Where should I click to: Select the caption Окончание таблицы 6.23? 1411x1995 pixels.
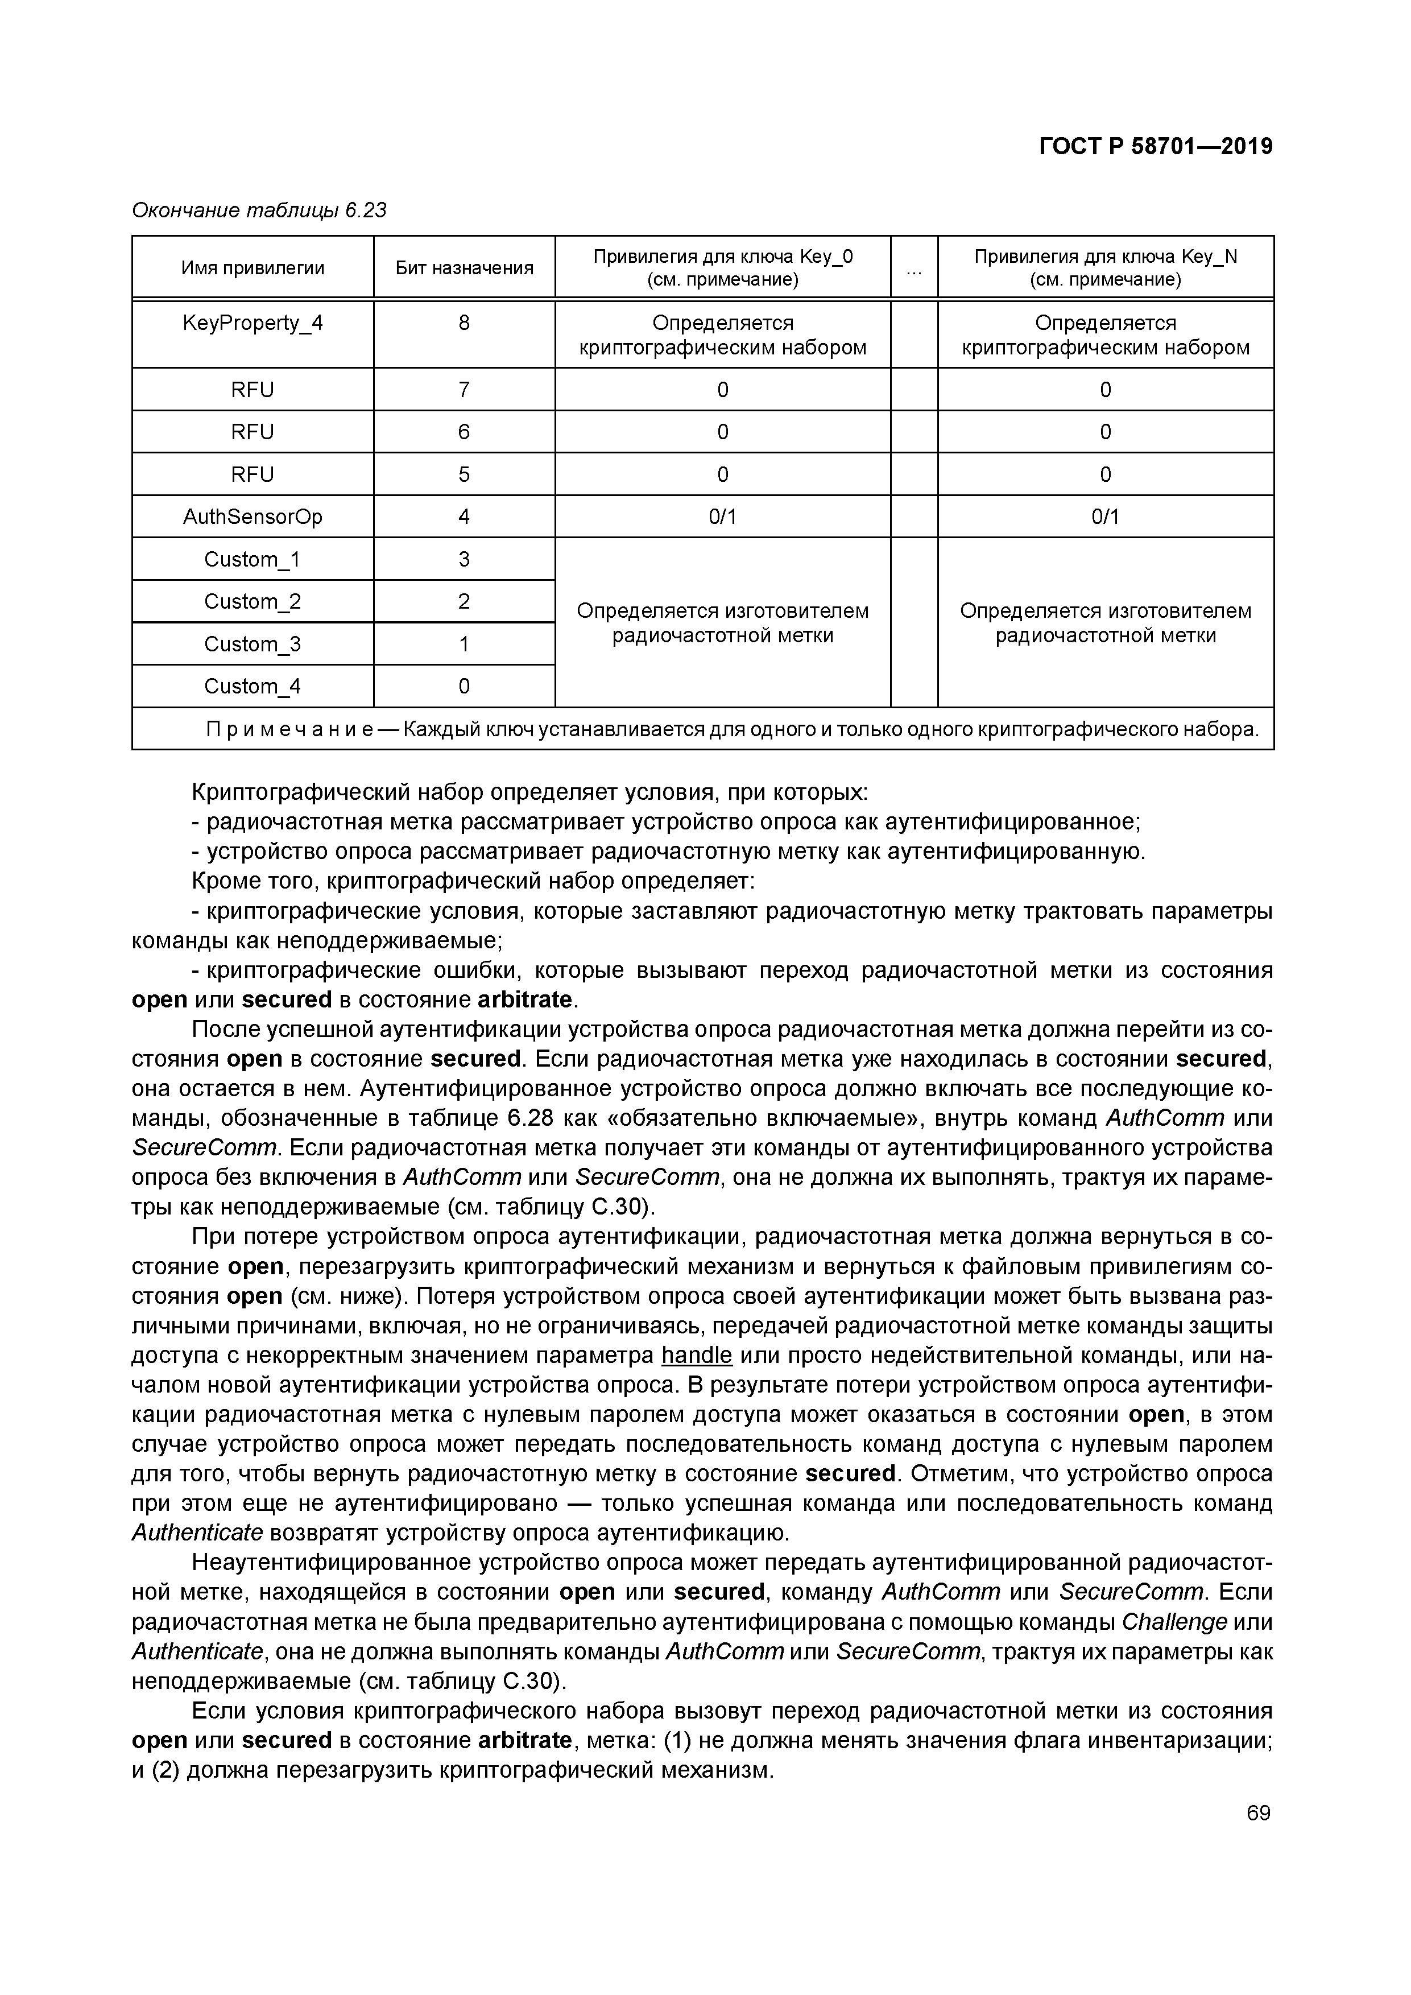tap(259, 210)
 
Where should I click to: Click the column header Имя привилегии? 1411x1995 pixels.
tap(253, 267)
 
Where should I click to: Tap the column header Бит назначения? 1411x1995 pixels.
tap(464, 267)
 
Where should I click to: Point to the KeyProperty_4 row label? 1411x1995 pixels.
tap(253, 323)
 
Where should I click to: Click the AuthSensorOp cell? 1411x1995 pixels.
tap(253, 517)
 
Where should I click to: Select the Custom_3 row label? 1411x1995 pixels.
tap(253, 644)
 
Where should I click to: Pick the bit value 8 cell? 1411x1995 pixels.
tap(464, 323)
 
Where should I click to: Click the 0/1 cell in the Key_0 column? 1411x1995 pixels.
tap(722, 517)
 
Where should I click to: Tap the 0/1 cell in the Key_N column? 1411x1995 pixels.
tap(1105, 517)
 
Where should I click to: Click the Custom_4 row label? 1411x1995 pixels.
tap(253, 687)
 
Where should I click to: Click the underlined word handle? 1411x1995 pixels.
tap(697, 1356)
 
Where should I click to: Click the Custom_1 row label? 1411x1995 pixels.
tap(253, 560)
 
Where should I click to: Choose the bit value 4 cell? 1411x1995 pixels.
tap(464, 517)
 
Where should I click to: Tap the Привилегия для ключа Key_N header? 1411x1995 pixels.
tap(1105, 267)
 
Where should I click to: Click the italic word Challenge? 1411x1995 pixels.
tap(1174, 1622)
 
